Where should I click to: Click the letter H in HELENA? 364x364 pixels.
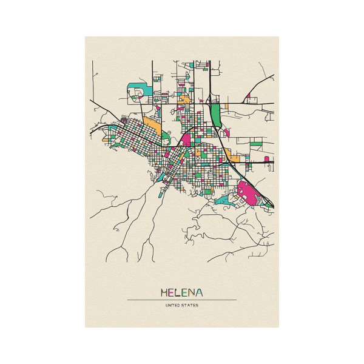point(164,292)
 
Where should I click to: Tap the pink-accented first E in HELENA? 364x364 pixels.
point(171,292)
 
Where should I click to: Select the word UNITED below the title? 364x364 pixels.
point(173,305)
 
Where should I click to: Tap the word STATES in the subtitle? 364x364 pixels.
point(190,305)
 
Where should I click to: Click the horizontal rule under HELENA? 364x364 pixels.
point(182,300)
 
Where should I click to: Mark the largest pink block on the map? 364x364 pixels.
point(249,192)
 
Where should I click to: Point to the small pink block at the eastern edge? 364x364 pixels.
point(267,159)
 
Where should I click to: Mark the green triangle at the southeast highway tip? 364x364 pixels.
point(267,203)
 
